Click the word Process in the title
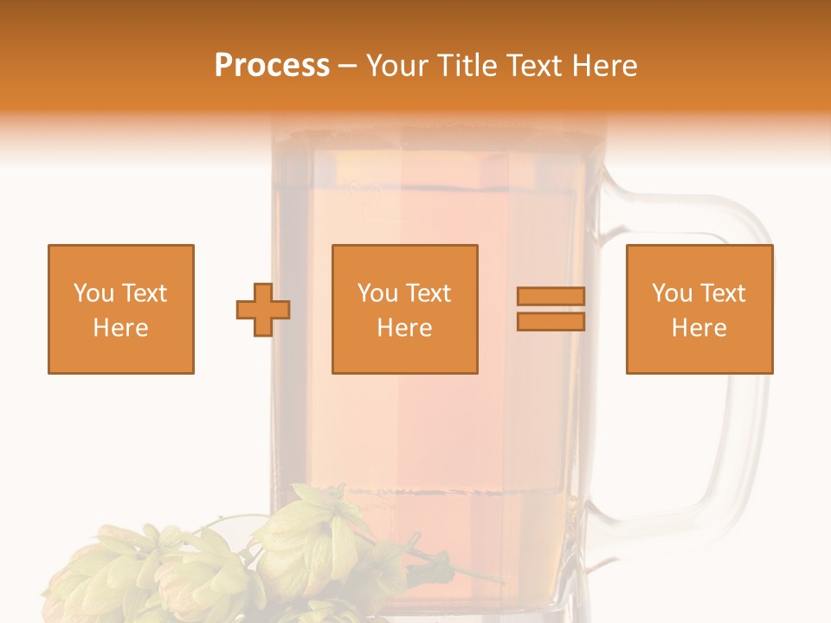[272, 66]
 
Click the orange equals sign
[551, 309]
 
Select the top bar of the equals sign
[551, 297]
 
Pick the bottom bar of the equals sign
[551, 322]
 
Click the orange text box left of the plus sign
[121, 309]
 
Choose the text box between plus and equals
[404, 309]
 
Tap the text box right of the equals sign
[699, 309]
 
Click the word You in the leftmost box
[93, 293]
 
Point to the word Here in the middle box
[404, 328]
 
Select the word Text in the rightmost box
[724, 293]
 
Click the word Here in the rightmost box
[699, 328]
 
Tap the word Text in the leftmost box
[144, 293]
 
